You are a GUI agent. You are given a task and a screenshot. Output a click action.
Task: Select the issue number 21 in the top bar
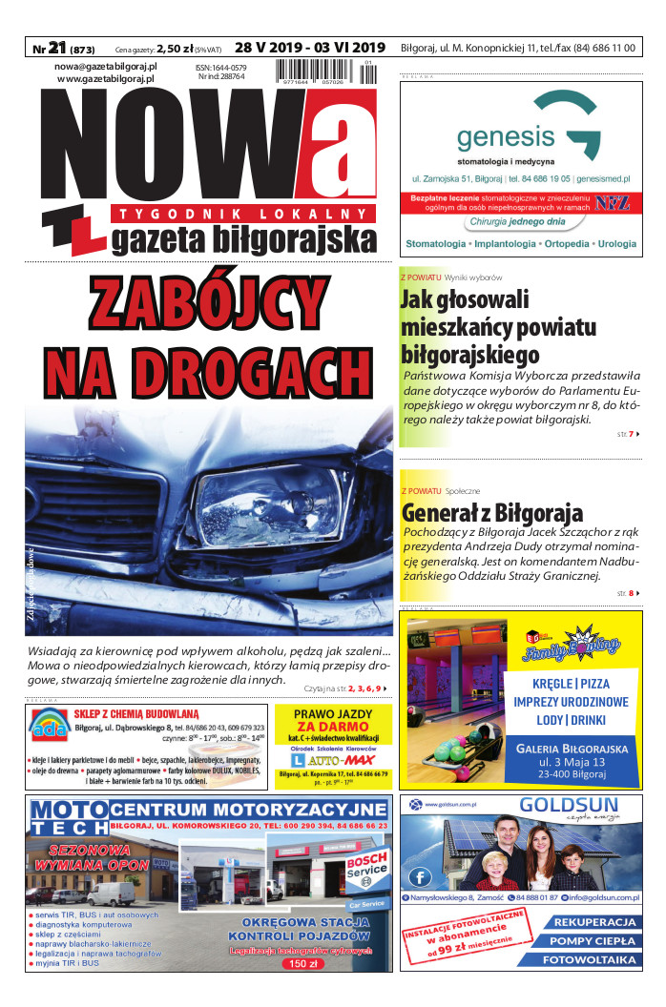[56, 47]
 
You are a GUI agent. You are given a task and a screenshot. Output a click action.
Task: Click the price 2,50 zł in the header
[175, 48]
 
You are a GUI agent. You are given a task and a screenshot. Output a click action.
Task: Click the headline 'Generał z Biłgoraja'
[491, 512]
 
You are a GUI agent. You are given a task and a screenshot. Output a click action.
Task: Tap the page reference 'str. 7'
[626, 435]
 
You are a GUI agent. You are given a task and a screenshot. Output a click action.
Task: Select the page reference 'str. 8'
[626, 594]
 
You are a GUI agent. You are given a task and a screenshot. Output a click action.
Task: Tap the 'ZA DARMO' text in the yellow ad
[332, 727]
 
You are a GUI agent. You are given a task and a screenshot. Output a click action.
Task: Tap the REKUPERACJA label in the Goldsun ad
[594, 922]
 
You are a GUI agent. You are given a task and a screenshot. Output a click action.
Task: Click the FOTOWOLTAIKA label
[589, 960]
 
